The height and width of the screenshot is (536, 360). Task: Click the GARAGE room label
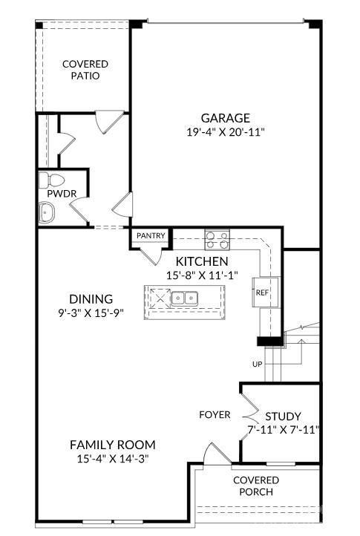[225, 118]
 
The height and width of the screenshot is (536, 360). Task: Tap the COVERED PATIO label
[85, 70]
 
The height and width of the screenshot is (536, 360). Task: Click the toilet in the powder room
[53, 180]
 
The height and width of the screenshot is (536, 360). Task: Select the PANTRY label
[151, 235]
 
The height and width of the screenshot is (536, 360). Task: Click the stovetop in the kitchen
[217, 240]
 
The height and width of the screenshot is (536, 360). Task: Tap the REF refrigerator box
[262, 292]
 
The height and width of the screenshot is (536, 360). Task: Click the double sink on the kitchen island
[184, 298]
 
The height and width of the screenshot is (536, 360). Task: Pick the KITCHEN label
[201, 261]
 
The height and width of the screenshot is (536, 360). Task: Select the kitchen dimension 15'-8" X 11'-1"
[201, 275]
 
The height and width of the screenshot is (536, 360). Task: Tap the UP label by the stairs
[258, 365]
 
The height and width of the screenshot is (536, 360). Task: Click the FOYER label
[215, 414]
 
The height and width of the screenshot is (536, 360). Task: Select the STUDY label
[283, 416]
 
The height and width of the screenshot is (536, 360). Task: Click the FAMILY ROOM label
[113, 445]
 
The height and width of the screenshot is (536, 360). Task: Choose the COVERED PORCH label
[256, 486]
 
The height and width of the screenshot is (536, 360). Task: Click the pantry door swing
[153, 255]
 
